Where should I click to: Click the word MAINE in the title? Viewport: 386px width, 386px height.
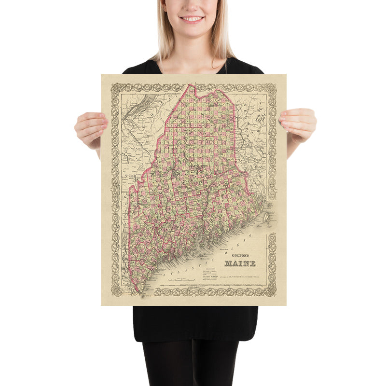click(240, 263)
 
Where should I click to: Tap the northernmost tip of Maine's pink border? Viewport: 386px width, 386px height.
click(189, 85)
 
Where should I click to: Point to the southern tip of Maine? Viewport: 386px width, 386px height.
click(139, 291)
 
